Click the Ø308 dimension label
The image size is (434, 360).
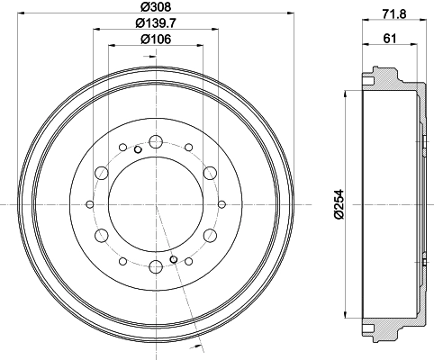click(156, 6)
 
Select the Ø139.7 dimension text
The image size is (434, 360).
click(156, 23)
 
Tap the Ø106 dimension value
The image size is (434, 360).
click(156, 39)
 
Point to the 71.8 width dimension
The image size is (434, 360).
click(394, 13)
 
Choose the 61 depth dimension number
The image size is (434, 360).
click(390, 39)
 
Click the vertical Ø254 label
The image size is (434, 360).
click(339, 204)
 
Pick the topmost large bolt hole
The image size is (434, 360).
click(156, 141)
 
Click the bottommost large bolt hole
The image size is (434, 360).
click(156, 267)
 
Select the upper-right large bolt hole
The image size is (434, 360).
click(210, 173)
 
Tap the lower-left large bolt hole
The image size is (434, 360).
click(102, 236)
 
